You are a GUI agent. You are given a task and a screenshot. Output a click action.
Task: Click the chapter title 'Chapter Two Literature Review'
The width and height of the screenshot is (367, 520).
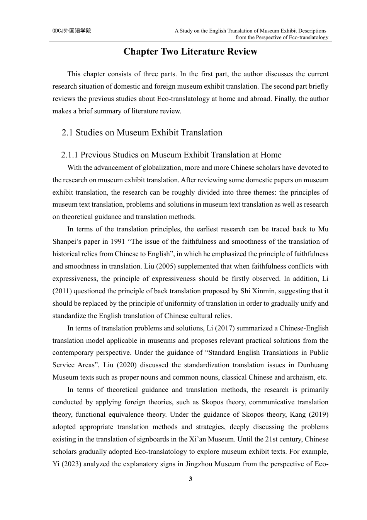pos(190,52)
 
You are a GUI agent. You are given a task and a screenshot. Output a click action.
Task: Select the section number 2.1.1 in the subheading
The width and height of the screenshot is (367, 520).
pos(70,155)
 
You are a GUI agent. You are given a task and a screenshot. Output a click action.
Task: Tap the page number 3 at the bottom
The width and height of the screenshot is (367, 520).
pos(190,479)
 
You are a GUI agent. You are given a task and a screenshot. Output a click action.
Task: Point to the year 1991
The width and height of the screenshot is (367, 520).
pos(117,242)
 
